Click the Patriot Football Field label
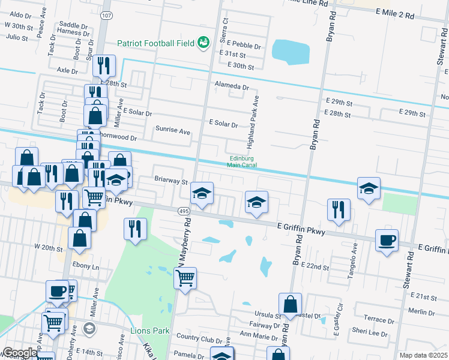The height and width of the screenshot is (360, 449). [155, 43]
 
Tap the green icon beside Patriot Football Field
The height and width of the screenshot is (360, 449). [205, 42]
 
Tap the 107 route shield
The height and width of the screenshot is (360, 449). [106, 14]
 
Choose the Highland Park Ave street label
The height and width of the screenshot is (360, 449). [253, 122]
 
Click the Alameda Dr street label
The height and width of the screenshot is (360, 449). [232, 87]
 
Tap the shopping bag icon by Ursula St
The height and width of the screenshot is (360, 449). [290, 304]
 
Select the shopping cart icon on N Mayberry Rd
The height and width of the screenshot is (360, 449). [185, 278]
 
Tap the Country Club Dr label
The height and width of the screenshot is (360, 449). [200, 340]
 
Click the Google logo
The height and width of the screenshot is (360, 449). [19, 353]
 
